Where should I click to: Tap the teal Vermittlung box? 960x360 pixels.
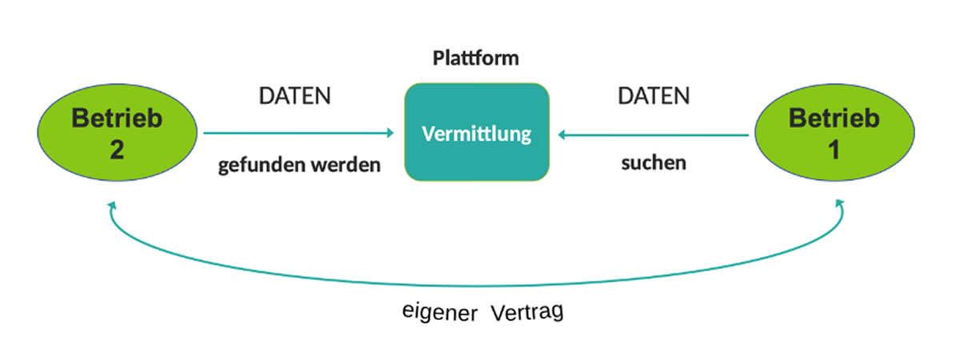(477, 132)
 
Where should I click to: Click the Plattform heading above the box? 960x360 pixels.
(476, 58)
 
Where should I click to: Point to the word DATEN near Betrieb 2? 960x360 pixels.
(294, 96)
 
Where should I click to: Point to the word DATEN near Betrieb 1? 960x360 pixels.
(654, 96)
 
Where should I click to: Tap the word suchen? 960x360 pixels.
(654, 163)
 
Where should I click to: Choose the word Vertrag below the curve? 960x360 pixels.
(527, 311)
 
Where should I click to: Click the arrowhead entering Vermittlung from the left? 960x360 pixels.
(390, 134)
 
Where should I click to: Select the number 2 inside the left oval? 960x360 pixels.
(117, 150)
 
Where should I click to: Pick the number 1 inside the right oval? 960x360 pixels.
(834, 150)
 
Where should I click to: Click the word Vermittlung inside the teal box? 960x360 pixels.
(477, 134)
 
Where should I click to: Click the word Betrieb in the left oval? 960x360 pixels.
(117, 119)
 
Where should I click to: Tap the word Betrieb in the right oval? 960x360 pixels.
(834, 119)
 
